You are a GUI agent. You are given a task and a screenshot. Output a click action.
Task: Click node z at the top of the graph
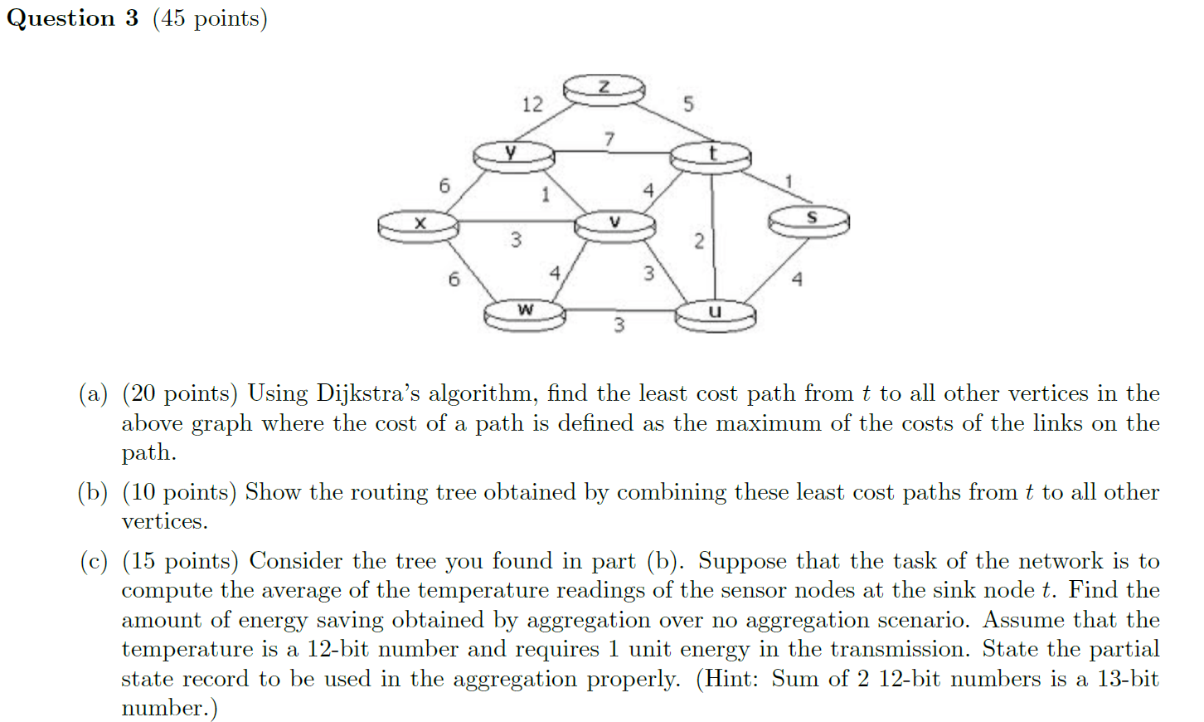604,88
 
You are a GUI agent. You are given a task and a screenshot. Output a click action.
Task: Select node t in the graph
711,155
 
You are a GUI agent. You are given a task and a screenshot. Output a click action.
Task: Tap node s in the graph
809,220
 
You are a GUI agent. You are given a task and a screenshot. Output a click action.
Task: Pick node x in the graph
418,224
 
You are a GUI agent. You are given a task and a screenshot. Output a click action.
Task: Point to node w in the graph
525,313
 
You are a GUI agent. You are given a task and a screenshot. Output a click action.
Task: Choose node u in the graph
715,314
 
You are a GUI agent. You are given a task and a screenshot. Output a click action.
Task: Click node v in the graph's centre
614,223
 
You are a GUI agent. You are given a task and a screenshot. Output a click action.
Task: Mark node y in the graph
512,154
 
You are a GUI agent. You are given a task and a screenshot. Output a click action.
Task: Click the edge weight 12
532,105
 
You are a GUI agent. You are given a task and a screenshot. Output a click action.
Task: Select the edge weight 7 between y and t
609,139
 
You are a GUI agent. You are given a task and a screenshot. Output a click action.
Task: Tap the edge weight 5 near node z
688,104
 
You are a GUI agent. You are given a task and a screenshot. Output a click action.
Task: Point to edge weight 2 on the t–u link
699,241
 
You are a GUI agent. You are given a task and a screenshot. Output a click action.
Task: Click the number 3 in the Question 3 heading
132,18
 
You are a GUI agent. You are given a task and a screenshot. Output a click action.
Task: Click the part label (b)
93,492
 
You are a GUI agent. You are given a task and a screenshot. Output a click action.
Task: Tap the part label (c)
93,561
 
